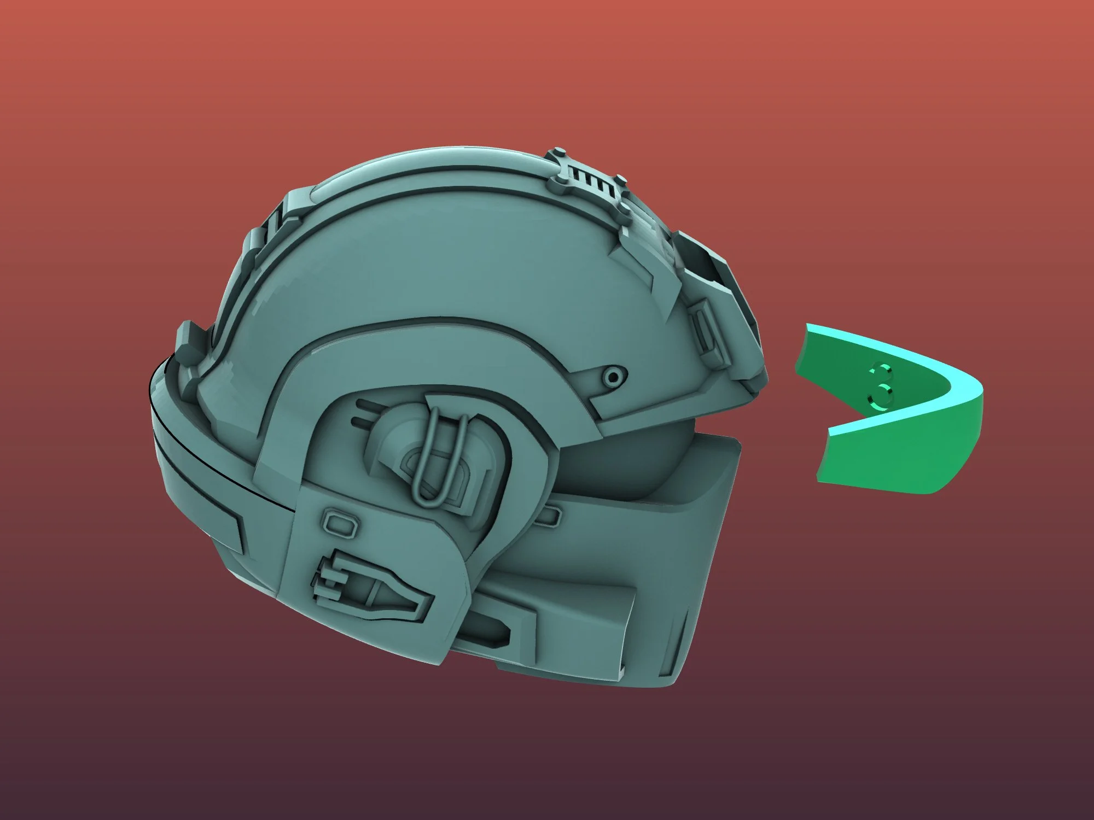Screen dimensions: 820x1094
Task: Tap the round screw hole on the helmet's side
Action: [x=614, y=376]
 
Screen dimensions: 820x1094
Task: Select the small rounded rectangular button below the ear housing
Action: [x=340, y=522]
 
